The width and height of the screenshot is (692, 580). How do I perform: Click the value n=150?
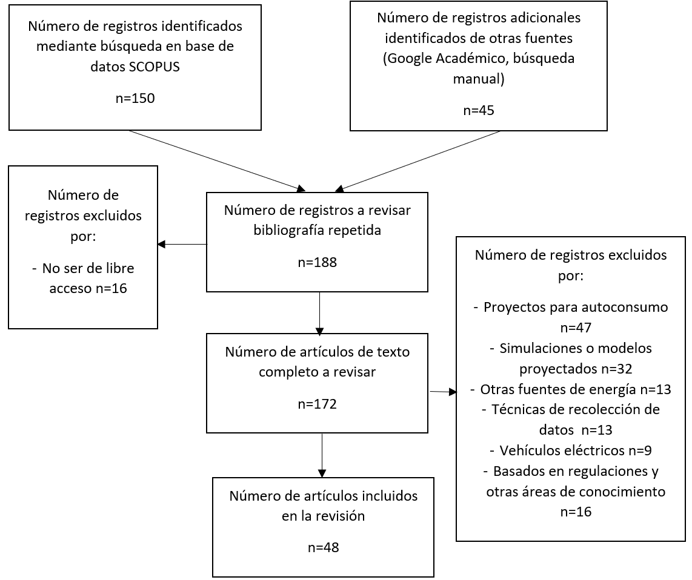pyautogui.click(x=135, y=98)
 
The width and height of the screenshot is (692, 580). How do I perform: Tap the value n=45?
pyautogui.click(x=478, y=110)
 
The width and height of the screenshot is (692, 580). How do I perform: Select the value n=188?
pyautogui.click(x=317, y=263)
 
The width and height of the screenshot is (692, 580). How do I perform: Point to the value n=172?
pyautogui.click(x=317, y=404)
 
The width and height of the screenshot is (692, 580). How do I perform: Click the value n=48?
pyautogui.click(x=323, y=547)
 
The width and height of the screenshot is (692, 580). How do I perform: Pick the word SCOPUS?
pyautogui.click(x=155, y=67)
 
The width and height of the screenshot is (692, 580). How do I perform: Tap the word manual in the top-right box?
pyautogui.click(x=478, y=79)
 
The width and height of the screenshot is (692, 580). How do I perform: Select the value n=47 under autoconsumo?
pyautogui.click(x=570, y=328)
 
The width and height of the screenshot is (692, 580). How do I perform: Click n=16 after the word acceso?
pyautogui.click(x=110, y=288)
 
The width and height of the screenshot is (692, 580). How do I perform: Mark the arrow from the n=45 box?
pyautogui.click(x=418, y=161)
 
